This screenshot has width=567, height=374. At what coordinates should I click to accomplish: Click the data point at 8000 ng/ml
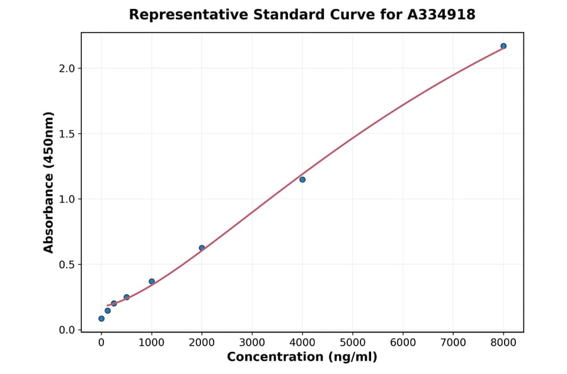(x=503, y=46)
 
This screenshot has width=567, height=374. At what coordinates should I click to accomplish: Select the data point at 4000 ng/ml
(x=302, y=179)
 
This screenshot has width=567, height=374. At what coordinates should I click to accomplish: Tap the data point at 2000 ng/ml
(x=202, y=248)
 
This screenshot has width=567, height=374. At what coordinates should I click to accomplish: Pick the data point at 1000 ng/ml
(x=152, y=281)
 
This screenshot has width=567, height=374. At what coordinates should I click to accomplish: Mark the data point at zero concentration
(x=101, y=319)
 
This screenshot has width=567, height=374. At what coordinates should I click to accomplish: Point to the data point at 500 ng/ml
(x=127, y=297)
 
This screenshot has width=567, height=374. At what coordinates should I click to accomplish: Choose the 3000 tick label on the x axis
(x=252, y=343)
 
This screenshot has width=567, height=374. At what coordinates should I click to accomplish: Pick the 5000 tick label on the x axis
(x=353, y=343)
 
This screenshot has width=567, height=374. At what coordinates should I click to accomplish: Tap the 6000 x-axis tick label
(x=403, y=343)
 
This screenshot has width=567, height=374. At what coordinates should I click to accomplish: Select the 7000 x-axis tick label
(x=453, y=343)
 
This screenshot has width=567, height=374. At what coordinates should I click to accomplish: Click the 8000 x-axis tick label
(x=503, y=343)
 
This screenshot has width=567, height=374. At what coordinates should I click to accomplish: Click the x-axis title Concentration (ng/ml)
(x=302, y=357)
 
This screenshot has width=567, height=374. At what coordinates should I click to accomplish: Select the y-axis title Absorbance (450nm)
(x=49, y=182)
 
